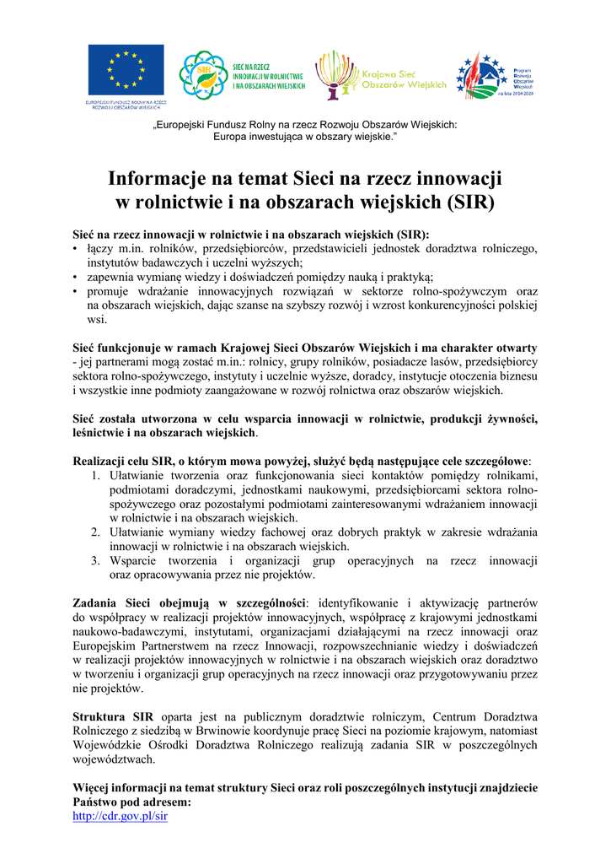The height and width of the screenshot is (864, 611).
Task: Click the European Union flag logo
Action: [x=126, y=70]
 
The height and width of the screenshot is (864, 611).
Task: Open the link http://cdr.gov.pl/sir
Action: [x=121, y=818]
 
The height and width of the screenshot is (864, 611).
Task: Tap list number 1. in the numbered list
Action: [x=96, y=477]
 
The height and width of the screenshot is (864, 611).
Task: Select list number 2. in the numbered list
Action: [x=96, y=532]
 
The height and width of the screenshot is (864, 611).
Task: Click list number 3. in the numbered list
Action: [x=96, y=560]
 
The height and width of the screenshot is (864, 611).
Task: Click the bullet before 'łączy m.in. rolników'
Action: [x=76, y=250]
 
